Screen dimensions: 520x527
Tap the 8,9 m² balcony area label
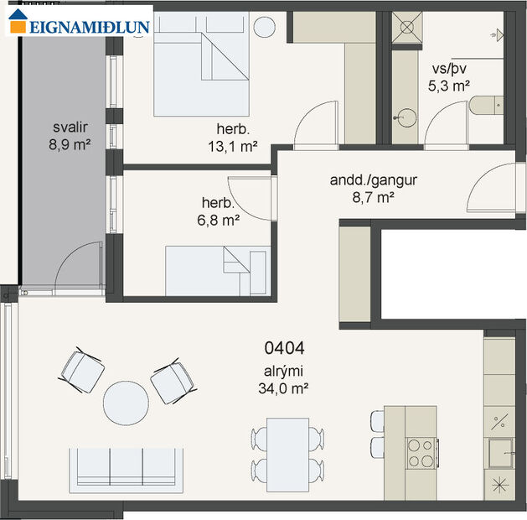point(70,144)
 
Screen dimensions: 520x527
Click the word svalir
point(70,129)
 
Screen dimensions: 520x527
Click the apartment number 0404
point(284,346)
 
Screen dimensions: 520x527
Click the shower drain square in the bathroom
point(408,26)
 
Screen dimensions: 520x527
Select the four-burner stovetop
point(421,454)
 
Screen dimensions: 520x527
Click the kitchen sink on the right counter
point(502,454)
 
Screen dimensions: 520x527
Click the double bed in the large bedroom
point(201,65)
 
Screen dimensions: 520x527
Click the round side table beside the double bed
point(266,26)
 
